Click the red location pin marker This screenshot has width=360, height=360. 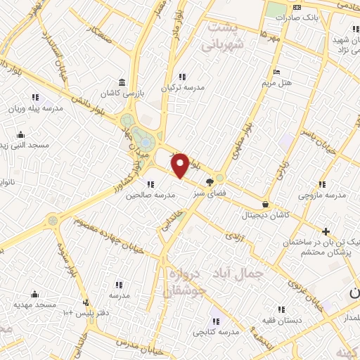(181, 165)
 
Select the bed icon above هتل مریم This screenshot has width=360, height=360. (276, 72)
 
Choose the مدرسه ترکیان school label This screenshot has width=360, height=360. (183, 88)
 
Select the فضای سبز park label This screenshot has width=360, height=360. (209, 193)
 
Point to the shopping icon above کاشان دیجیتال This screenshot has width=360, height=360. (265, 203)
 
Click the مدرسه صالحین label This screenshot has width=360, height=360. (150, 195)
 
